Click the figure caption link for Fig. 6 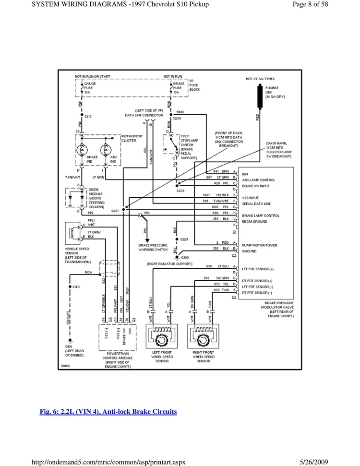tap(108, 412)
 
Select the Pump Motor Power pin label tap(260, 245)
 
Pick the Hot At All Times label tap(261, 79)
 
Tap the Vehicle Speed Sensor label tap(78, 255)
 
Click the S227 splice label tap(115, 211)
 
